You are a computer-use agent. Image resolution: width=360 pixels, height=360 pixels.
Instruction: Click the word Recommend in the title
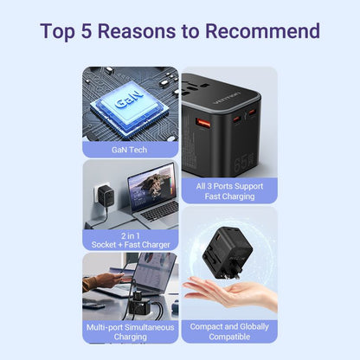pos(263,32)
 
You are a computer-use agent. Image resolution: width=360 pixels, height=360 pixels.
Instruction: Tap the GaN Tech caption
pos(130,149)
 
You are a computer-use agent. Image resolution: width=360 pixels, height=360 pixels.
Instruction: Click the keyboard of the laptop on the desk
pos(159,212)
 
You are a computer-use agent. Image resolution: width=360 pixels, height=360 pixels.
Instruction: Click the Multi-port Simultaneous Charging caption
pos(130,332)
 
